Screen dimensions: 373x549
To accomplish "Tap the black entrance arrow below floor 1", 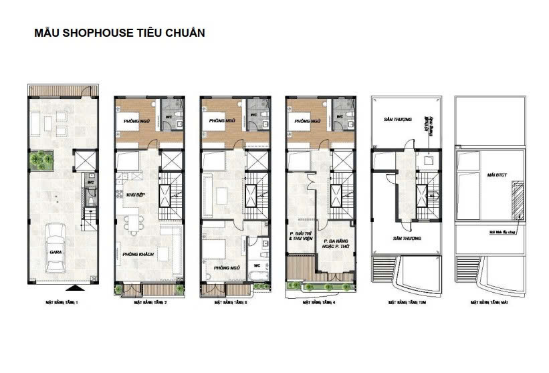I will (x=78, y=289).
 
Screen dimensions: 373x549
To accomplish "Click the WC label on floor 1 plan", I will (x=91, y=180).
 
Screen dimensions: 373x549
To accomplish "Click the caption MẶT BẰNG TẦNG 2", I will (x=150, y=303).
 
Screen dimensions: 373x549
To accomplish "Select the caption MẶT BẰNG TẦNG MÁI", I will (x=490, y=303).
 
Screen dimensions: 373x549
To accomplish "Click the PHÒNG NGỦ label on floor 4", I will (x=305, y=122).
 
